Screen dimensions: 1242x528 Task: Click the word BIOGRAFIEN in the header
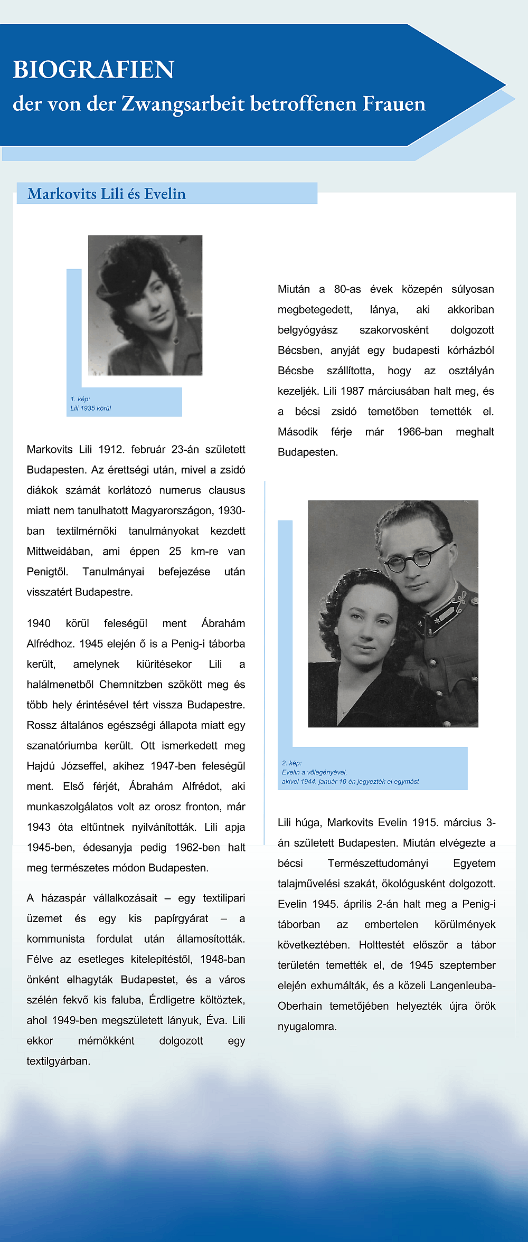pos(93,70)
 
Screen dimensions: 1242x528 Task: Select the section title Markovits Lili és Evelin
pos(107,194)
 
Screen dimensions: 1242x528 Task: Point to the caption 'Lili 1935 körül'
pos(91,408)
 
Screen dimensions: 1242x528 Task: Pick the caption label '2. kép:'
pos(292,763)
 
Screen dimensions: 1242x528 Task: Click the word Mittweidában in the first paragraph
pos(60,551)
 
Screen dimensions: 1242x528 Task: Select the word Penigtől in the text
pos(48,572)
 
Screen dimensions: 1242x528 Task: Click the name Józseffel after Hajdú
pos(103,766)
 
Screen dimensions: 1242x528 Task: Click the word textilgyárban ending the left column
pos(59,1061)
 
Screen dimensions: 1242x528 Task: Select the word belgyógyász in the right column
pos(307,330)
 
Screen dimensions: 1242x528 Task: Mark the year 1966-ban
pos(420,432)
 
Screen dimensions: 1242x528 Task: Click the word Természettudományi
pos(378,863)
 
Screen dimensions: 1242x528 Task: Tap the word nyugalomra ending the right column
pos(307,1026)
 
